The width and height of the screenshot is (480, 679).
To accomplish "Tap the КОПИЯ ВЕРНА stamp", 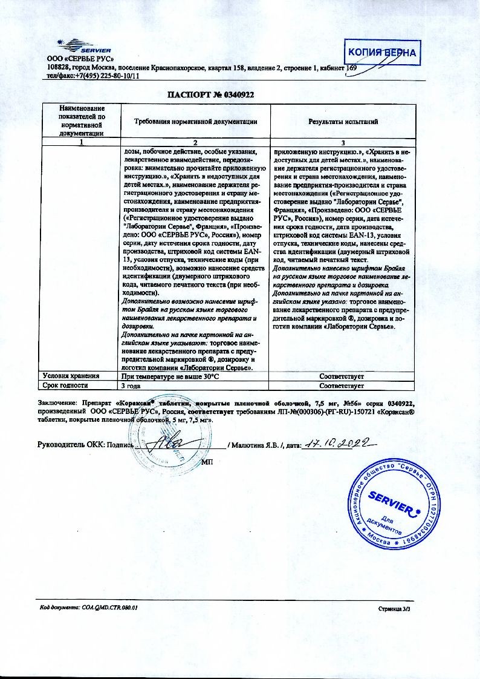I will click(x=381, y=53).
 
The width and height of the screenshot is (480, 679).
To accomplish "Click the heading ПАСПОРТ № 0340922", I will click(x=210, y=94).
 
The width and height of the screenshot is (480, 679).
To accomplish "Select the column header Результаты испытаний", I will click(x=343, y=122).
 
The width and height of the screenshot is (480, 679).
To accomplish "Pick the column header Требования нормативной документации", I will click(x=195, y=122).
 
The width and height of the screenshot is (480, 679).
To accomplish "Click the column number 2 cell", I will click(x=195, y=142).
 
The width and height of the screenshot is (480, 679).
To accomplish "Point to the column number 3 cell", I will click(x=343, y=142).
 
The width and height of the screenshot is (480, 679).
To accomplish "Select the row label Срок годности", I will click(x=64, y=385).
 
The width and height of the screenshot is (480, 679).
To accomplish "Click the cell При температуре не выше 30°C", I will click(x=170, y=376).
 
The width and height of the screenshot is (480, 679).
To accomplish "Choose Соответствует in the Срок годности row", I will click(x=342, y=385).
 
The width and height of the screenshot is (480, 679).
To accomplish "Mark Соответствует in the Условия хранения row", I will click(x=342, y=376).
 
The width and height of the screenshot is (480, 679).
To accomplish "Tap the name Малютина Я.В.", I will click(x=255, y=446).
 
